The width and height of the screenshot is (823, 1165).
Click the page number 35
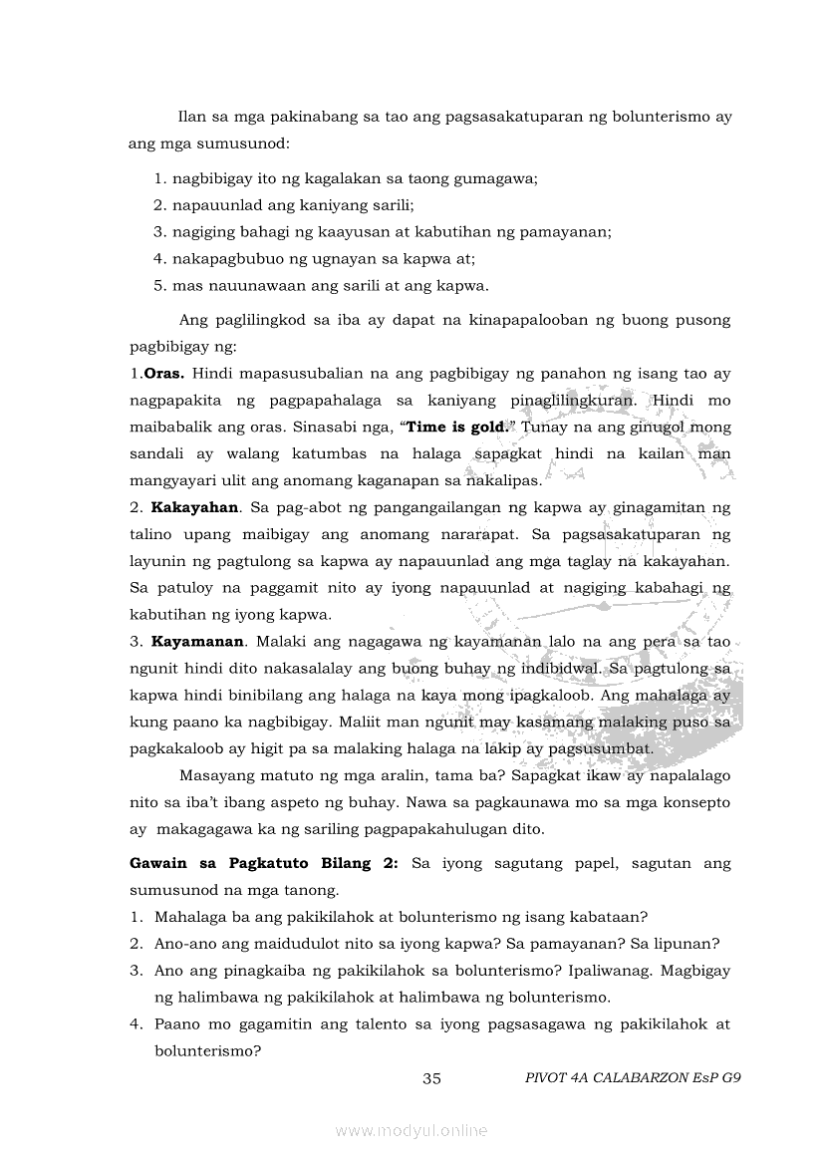tap(431, 1078)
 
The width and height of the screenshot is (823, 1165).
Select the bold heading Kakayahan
tap(194, 507)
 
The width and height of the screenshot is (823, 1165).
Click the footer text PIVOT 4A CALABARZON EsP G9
tap(633, 1078)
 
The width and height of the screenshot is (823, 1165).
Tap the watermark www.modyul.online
tap(411, 1130)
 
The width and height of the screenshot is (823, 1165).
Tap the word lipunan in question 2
tap(685, 944)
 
